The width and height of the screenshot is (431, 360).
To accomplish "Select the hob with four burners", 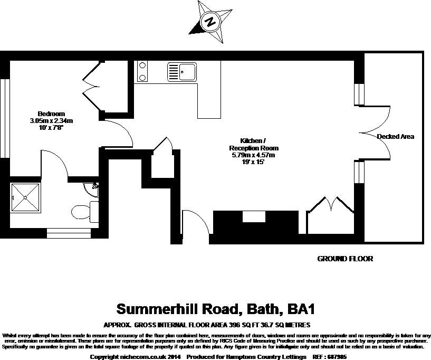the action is click(x=142, y=71).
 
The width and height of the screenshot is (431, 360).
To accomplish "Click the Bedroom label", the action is click(x=51, y=114).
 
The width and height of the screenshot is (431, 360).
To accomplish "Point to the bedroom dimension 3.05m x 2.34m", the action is click(x=51, y=121).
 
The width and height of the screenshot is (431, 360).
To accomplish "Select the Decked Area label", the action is click(x=396, y=137).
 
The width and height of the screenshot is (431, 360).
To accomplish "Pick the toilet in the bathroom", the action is click(x=83, y=212).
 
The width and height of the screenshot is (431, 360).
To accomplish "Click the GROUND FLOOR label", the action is click(x=345, y=259).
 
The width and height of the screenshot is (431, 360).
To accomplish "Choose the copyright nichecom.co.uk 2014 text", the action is click(x=136, y=357).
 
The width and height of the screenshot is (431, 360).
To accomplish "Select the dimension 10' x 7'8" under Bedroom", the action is click(x=51, y=128).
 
